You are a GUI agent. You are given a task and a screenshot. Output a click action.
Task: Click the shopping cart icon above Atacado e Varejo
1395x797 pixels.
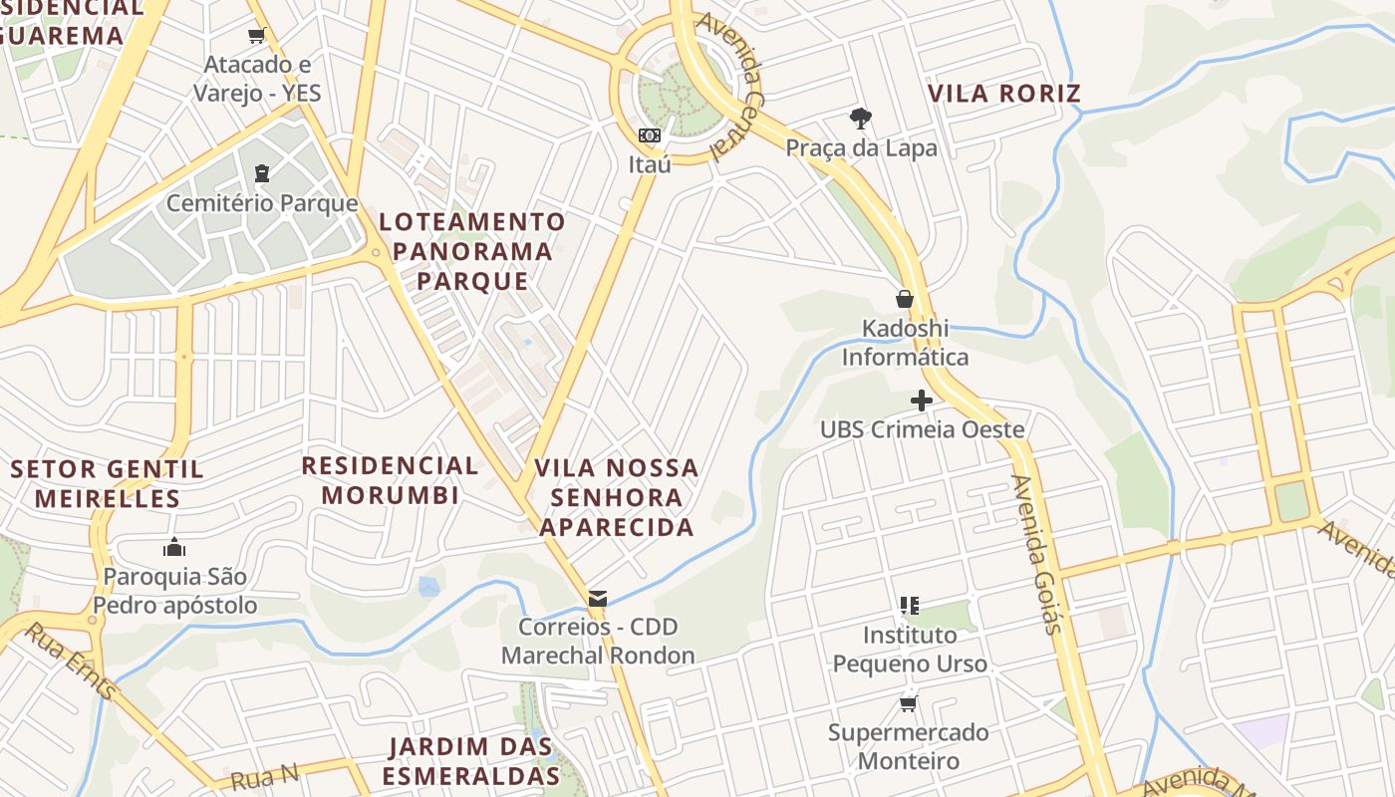click(257, 37)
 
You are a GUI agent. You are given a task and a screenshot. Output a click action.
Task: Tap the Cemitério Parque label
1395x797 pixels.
click(262, 203)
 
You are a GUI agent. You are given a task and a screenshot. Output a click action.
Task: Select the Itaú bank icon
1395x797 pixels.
click(650, 134)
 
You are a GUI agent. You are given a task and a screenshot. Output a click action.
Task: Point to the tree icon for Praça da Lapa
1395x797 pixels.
click(861, 119)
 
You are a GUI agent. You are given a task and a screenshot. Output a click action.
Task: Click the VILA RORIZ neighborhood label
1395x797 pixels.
click(1004, 94)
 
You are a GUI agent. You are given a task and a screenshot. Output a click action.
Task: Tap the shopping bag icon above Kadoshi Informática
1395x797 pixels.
click(905, 299)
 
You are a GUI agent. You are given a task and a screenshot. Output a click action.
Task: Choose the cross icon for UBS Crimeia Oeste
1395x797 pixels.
click(922, 400)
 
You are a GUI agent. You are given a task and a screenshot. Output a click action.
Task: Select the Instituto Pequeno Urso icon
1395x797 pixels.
click(909, 605)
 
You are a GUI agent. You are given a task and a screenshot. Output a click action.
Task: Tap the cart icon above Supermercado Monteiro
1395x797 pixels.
click(909, 704)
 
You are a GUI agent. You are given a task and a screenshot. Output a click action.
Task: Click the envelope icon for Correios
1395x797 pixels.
click(598, 598)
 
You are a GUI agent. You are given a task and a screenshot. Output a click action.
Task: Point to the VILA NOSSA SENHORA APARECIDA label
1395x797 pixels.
click(617, 497)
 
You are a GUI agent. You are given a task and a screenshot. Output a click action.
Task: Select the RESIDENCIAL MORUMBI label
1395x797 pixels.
click(391, 479)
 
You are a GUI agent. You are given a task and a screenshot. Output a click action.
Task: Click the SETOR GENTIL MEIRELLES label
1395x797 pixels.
click(108, 483)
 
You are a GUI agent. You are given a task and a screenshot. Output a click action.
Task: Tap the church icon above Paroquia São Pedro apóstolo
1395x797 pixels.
click(174, 547)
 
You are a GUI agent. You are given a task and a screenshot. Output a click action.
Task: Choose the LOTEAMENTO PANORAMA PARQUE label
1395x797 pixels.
click(472, 251)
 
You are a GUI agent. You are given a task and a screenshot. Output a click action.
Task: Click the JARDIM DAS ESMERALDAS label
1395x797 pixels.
click(471, 761)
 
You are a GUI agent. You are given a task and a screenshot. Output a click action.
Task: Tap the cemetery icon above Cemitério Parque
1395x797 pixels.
click(262, 174)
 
